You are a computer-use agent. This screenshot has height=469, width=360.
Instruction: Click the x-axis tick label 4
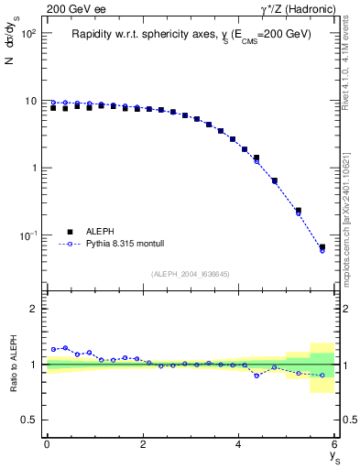pyautogui.click(x=239, y=444)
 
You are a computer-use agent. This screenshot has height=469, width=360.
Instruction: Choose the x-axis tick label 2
pyautogui.click(x=143, y=444)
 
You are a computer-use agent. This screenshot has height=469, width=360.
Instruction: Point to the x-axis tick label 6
pyautogui.click(x=335, y=444)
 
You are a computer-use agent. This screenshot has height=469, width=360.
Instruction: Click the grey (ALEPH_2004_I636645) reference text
pyautogui.click(x=191, y=274)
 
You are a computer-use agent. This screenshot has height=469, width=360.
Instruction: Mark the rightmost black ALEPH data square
pyautogui.click(x=322, y=247)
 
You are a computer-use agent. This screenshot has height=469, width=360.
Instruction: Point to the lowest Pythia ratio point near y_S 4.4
pyautogui.click(x=257, y=376)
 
